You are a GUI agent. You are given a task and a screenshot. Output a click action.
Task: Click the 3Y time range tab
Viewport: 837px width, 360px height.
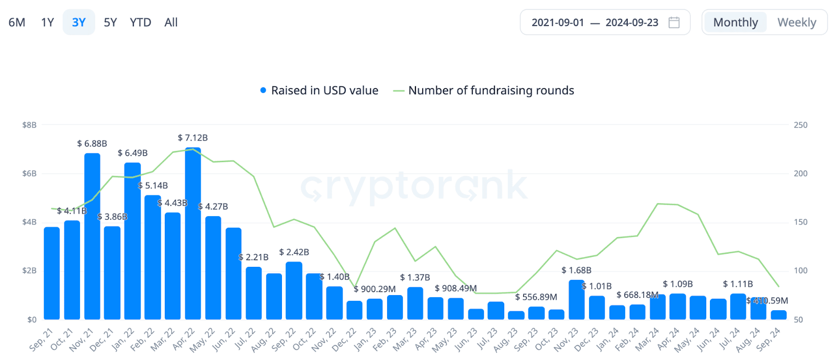(x=79, y=22)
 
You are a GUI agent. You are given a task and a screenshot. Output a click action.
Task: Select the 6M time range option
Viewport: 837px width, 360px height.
(x=17, y=22)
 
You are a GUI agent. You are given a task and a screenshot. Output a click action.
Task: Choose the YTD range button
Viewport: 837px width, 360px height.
(x=140, y=22)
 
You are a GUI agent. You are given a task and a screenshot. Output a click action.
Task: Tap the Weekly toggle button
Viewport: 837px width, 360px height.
(x=796, y=22)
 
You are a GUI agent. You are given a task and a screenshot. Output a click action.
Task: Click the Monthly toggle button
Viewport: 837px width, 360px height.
(x=735, y=22)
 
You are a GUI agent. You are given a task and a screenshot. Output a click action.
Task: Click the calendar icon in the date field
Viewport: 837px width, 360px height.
(x=674, y=22)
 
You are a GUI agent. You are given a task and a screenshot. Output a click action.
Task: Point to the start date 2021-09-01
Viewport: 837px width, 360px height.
(x=558, y=22)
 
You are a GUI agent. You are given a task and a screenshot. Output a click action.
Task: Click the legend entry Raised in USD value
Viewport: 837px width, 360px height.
(x=324, y=91)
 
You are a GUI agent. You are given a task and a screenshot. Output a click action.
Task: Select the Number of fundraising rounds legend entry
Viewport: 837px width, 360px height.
(x=491, y=91)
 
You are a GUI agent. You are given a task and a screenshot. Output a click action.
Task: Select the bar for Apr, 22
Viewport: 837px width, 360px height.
(x=193, y=235)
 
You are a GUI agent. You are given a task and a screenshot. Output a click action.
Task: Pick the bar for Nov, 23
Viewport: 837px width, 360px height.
(x=576, y=301)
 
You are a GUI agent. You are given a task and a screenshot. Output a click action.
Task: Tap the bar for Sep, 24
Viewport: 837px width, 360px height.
(x=778, y=315)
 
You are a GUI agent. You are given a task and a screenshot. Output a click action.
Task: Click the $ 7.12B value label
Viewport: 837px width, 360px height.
(x=193, y=138)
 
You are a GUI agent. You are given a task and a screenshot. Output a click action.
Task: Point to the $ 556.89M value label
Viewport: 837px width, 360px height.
(x=536, y=297)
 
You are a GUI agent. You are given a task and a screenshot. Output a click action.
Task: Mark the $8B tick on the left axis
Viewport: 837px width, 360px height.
(x=29, y=125)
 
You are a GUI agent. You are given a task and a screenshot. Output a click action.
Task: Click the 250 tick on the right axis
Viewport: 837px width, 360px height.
(x=800, y=125)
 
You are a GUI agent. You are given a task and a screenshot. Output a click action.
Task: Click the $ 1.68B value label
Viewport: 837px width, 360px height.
(x=576, y=271)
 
